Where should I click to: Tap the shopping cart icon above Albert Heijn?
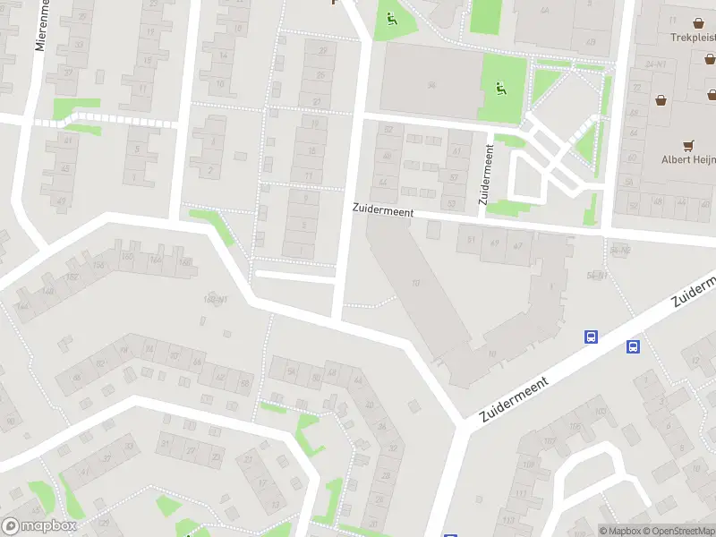point(688,143)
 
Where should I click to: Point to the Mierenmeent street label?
point(40,25)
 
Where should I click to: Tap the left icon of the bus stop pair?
point(591,337)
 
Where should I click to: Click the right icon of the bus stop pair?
point(633,346)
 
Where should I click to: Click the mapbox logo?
point(38,526)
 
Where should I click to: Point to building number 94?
point(430,86)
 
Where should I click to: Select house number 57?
point(453,176)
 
